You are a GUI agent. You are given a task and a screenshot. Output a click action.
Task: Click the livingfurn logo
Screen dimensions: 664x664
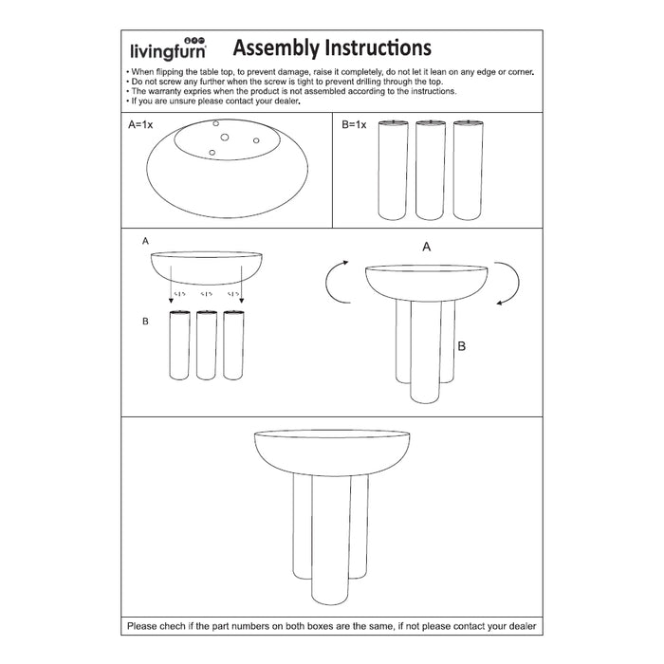point(167,48)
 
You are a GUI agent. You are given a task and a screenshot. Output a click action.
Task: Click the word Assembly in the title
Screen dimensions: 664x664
point(277,47)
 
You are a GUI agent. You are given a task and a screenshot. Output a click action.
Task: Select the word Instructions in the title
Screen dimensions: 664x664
point(378,47)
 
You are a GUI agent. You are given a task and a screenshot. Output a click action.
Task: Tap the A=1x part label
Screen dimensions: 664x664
point(140,125)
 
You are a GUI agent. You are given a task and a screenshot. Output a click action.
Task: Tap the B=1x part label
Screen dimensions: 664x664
point(354,125)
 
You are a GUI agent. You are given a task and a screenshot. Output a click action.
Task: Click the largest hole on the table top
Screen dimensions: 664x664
point(225,138)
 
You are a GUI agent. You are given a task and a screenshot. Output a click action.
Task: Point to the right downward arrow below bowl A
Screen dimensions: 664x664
point(241,286)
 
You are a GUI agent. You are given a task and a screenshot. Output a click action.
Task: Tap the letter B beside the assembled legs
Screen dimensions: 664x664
point(461,347)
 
